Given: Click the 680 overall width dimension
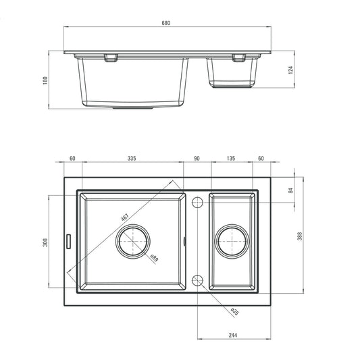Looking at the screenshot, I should [166, 23].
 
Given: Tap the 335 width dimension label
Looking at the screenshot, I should [131, 159].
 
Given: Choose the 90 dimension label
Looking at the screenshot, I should [197, 159].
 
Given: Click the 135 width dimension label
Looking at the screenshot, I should [230, 159].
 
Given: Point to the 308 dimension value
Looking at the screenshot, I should [45, 242].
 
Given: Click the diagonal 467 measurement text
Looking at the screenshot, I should [125, 218].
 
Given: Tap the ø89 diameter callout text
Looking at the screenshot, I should [154, 257].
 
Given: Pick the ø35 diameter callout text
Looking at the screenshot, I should [234, 311].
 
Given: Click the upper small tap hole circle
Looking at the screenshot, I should [197, 202].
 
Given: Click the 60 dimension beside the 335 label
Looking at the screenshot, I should [72, 159].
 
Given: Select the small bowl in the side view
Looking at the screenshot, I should [232, 72].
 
